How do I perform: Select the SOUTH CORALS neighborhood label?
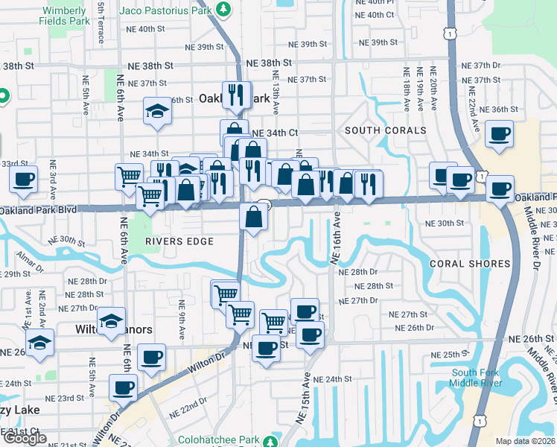tap(385, 130)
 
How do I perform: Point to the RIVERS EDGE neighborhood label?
tap(179, 241)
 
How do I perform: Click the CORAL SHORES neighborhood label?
tap(470, 264)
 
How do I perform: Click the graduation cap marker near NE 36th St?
tap(157, 111)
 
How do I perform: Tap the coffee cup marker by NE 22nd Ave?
tap(498, 134)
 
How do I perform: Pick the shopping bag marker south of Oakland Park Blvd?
tap(253, 218)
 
